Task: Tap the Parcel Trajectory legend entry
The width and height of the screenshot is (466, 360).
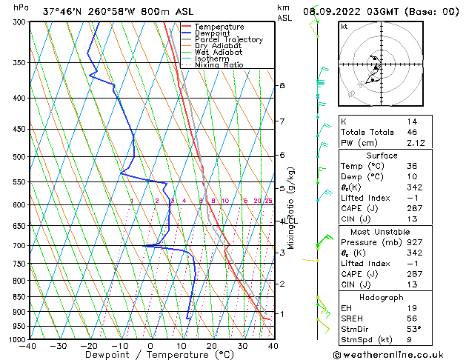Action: pyautogui.click(x=228, y=40)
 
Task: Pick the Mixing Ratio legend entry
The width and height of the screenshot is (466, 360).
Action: pyautogui.click(x=219, y=65)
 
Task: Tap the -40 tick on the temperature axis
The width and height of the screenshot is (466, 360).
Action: pyautogui.click(x=28, y=347)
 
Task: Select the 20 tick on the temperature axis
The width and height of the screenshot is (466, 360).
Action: pyautogui.click(x=211, y=347)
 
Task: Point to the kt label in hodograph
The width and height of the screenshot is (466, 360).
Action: pyautogui.click(x=344, y=26)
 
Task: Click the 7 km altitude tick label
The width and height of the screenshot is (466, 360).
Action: pyautogui.click(x=282, y=121)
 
